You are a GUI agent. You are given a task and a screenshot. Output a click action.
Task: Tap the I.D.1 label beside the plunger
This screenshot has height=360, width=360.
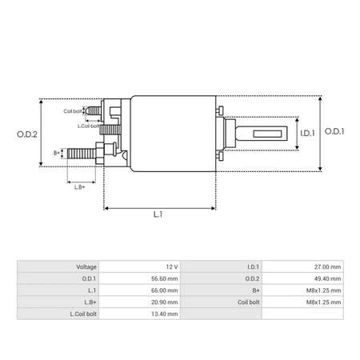(306, 133)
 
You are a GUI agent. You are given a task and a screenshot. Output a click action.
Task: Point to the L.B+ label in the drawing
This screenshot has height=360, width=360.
(80, 186)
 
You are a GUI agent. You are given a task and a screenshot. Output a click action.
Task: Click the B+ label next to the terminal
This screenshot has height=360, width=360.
(57, 152)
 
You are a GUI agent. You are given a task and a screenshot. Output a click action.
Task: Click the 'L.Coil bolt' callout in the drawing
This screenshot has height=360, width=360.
(89, 126)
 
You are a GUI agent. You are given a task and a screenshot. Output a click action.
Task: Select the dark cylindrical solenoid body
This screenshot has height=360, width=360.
(172, 132)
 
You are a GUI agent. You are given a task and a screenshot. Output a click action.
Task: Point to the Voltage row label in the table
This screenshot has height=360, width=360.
(86, 266)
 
